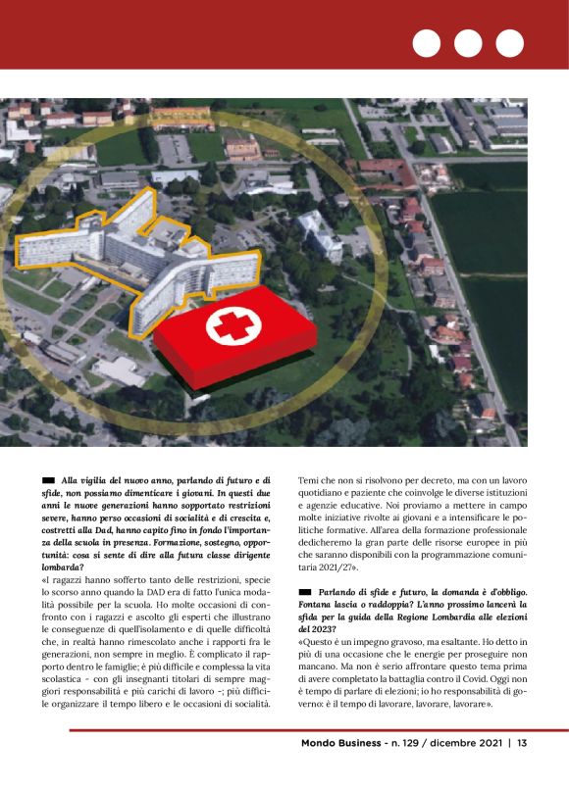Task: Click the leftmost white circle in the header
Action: point(427,43)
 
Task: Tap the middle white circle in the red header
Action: point(468,43)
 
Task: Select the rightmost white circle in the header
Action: point(509,43)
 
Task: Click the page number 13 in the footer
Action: point(523,743)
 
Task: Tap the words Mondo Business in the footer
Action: point(342,743)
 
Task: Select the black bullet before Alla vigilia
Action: point(48,479)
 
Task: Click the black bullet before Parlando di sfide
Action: point(304,591)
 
